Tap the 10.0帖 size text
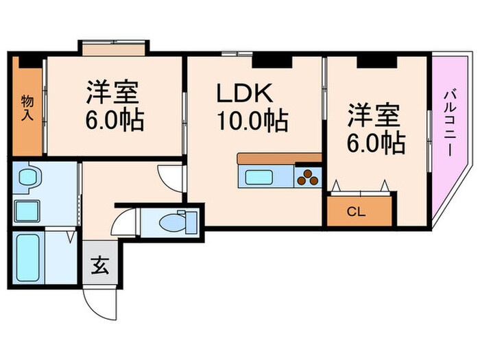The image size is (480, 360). [252, 121]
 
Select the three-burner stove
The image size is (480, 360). [309, 178]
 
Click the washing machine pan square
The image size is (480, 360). [27, 211]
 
